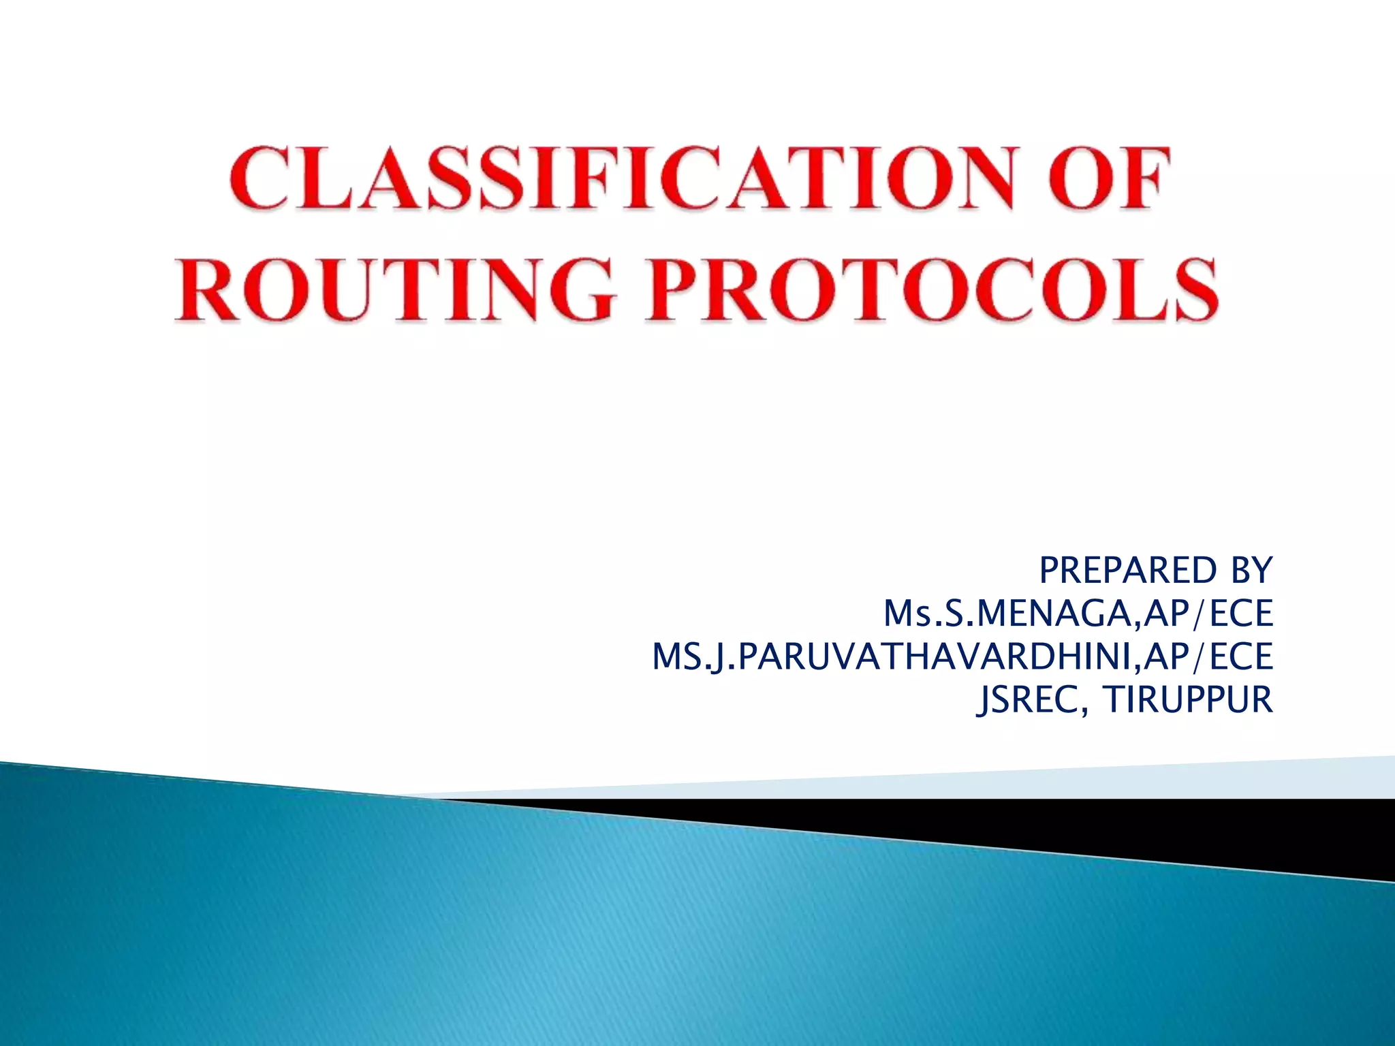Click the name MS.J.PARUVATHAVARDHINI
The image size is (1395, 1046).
click(x=893, y=657)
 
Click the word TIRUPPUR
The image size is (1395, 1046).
click(x=1188, y=699)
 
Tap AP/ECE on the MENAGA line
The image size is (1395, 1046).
click(x=1208, y=614)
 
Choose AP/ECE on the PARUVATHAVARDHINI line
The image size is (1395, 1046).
click(x=1208, y=657)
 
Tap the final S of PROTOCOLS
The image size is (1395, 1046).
click(x=1192, y=289)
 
